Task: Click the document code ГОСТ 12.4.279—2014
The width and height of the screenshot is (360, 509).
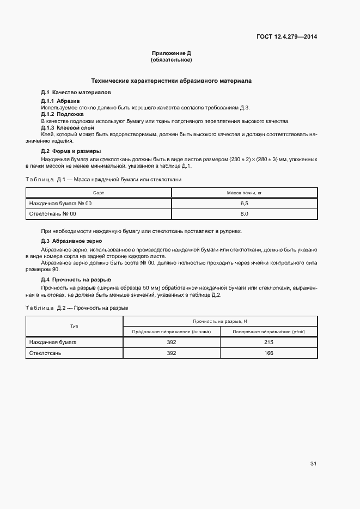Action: [x=286, y=37]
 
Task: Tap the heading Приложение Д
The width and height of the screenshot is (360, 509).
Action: [x=172, y=53]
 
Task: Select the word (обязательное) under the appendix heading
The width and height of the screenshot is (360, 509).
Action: [x=172, y=60]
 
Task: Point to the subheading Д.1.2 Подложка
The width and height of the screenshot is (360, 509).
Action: [x=62, y=114]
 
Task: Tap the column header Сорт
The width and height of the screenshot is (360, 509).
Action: [x=99, y=193]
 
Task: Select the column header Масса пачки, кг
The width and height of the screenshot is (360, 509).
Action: [x=245, y=193]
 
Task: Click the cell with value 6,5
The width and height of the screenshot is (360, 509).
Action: [x=245, y=203]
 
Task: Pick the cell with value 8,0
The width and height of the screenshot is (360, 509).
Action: [x=245, y=214]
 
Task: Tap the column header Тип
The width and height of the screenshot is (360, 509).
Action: [x=74, y=326]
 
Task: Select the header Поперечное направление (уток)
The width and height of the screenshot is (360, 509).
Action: [x=269, y=331]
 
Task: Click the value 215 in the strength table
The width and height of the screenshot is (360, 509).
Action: [x=269, y=342]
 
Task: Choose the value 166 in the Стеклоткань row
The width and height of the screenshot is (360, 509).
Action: [x=269, y=353]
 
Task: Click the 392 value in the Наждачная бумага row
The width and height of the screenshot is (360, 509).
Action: [x=172, y=342]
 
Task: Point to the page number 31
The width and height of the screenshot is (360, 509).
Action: [x=313, y=464]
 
